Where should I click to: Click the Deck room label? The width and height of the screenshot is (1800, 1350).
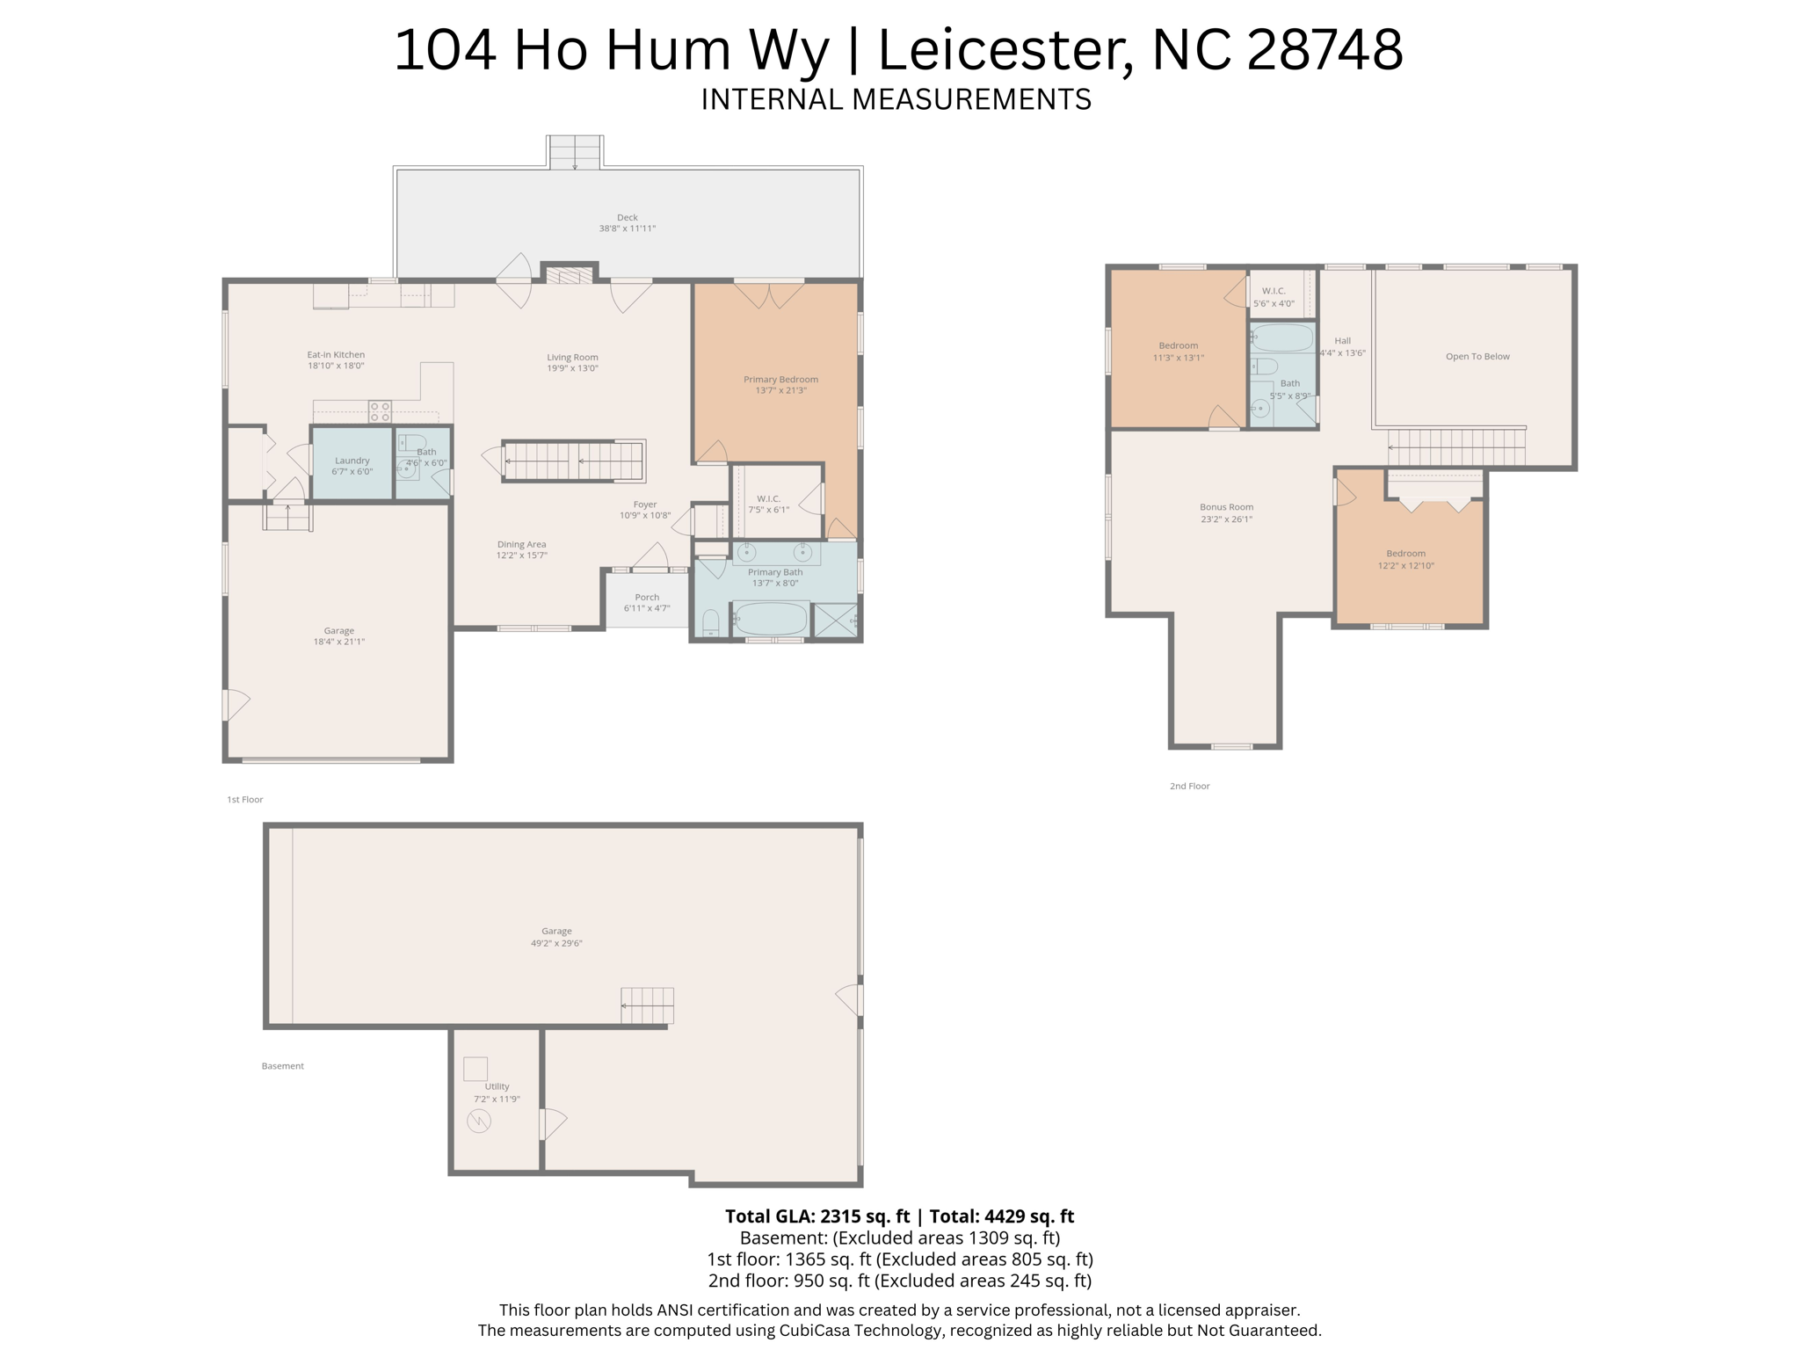pos(628,217)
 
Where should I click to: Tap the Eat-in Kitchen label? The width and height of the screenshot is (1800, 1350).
pos(336,355)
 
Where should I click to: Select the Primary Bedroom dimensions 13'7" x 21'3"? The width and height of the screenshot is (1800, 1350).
pos(780,390)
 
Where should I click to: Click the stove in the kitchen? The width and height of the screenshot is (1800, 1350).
pos(380,411)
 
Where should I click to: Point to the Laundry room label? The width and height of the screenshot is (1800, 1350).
pos(352,461)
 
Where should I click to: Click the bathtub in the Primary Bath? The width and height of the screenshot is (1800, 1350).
pos(770,619)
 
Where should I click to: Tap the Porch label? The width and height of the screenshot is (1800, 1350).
pos(647,598)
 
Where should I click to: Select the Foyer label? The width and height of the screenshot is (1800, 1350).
pos(645,504)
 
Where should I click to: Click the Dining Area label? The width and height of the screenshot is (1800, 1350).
pos(522,544)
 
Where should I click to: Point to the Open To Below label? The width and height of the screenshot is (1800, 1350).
pos(1477,356)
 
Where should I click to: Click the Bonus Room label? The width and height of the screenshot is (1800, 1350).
pos(1226,507)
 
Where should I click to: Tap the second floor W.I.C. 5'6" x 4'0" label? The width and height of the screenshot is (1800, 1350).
pos(1274,297)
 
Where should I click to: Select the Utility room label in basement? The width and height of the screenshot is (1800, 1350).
pos(497,1086)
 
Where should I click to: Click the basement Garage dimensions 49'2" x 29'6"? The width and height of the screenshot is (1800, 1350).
pos(556,943)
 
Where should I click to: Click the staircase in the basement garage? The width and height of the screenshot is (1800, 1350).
pos(647,1005)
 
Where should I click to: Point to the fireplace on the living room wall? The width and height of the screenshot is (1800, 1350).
pos(570,275)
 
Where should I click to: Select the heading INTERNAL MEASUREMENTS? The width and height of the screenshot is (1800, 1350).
pos(896,99)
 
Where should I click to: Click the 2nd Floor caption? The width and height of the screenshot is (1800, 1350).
pos(1189,786)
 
